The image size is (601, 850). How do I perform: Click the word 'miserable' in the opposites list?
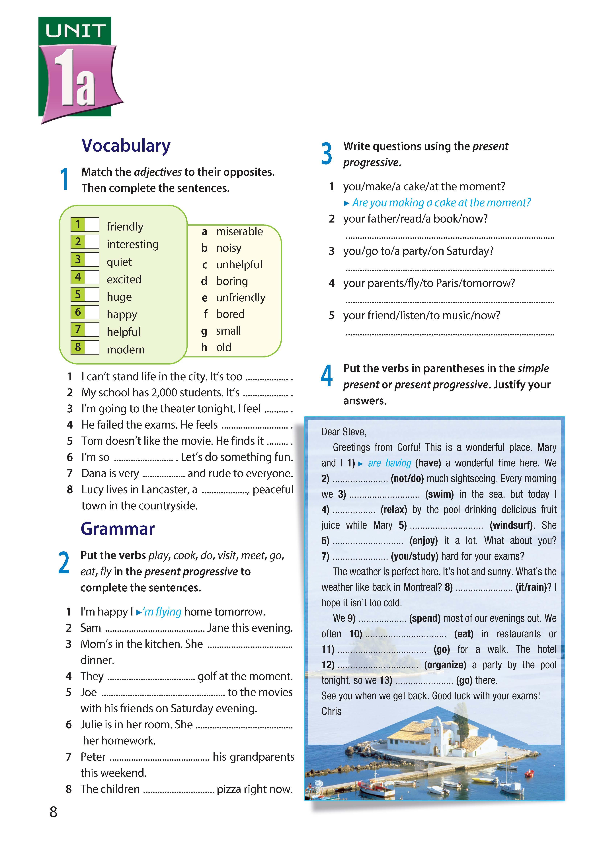[x=239, y=231]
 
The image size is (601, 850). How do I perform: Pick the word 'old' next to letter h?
[x=224, y=347]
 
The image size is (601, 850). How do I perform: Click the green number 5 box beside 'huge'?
[x=78, y=295]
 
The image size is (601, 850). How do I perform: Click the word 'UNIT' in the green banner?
[x=75, y=31]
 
